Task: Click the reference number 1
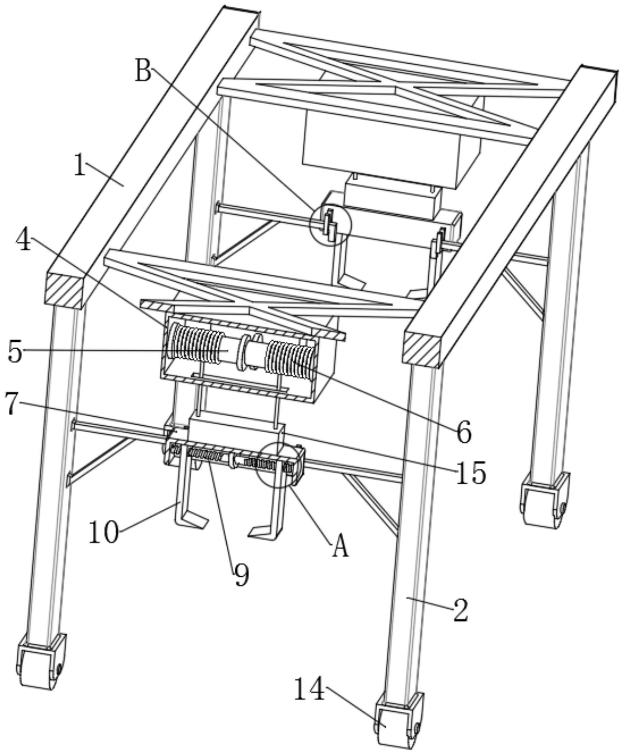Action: pyautogui.click(x=80, y=165)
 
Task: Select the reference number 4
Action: pyautogui.click(x=24, y=241)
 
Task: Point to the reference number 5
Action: pyautogui.click(x=15, y=352)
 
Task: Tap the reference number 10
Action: pyautogui.click(x=104, y=532)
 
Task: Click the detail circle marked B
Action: pyautogui.click(x=330, y=225)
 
